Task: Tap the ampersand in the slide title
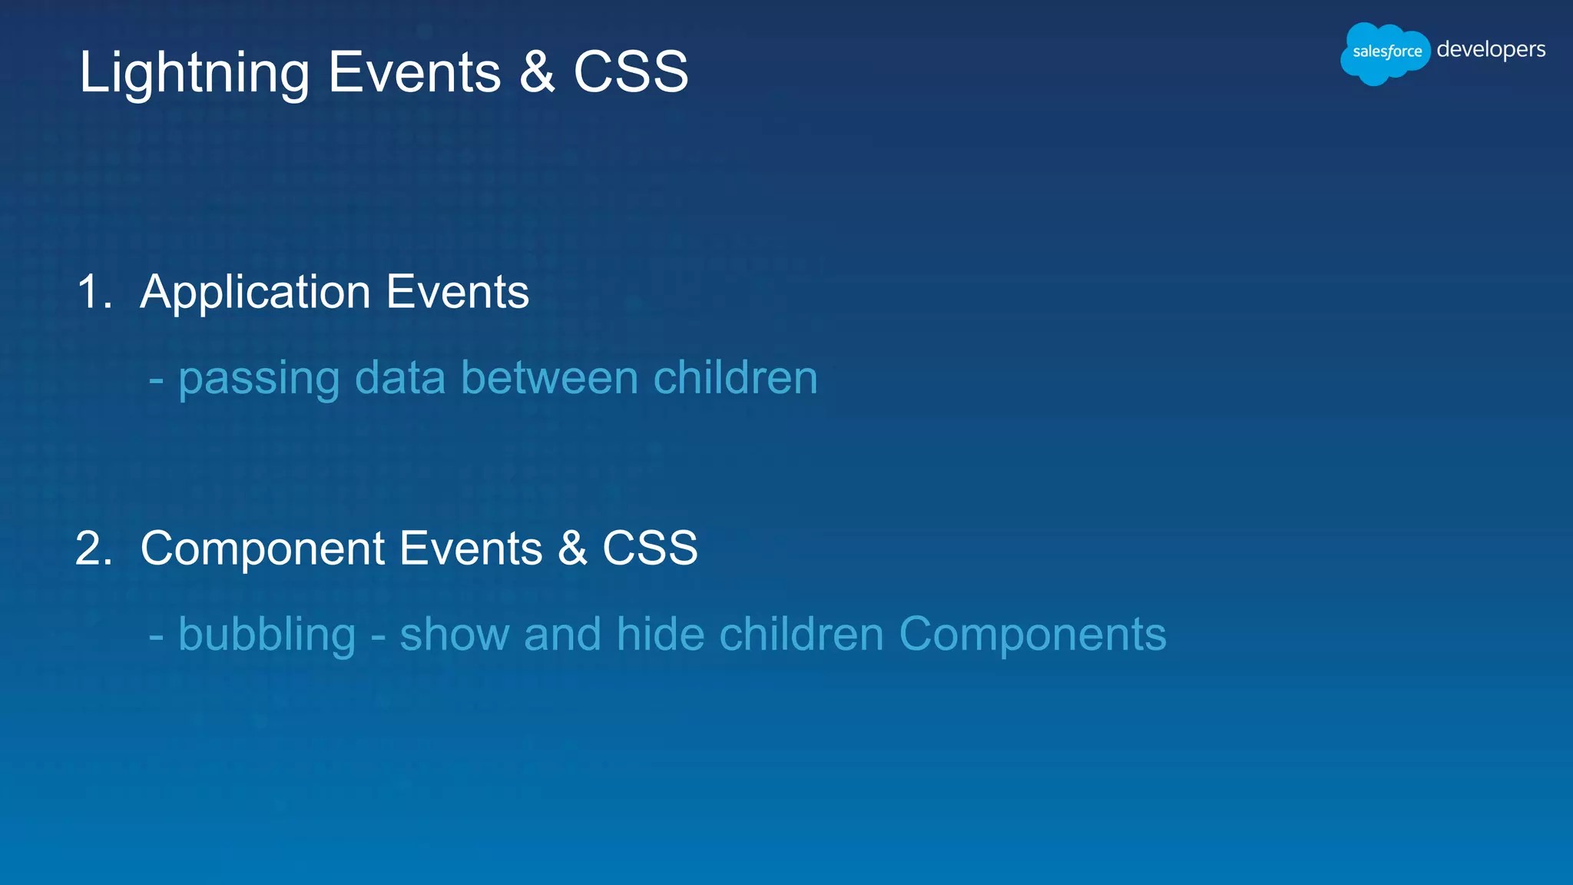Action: pos(537,72)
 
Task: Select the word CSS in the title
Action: pos(631,72)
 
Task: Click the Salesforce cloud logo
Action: pos(1385,52)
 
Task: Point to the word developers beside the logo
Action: pos(1491,50)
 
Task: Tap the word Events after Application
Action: pos(458,293)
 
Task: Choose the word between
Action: pos(549,378)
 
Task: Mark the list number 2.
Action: pos(94,549)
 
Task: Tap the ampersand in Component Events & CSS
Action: pos(572,549)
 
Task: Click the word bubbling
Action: pos(267,636)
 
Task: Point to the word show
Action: pos(455,635)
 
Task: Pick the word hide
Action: pos(660,635)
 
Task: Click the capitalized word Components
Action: pos(1032,636)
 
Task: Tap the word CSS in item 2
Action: pos(650,549)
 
